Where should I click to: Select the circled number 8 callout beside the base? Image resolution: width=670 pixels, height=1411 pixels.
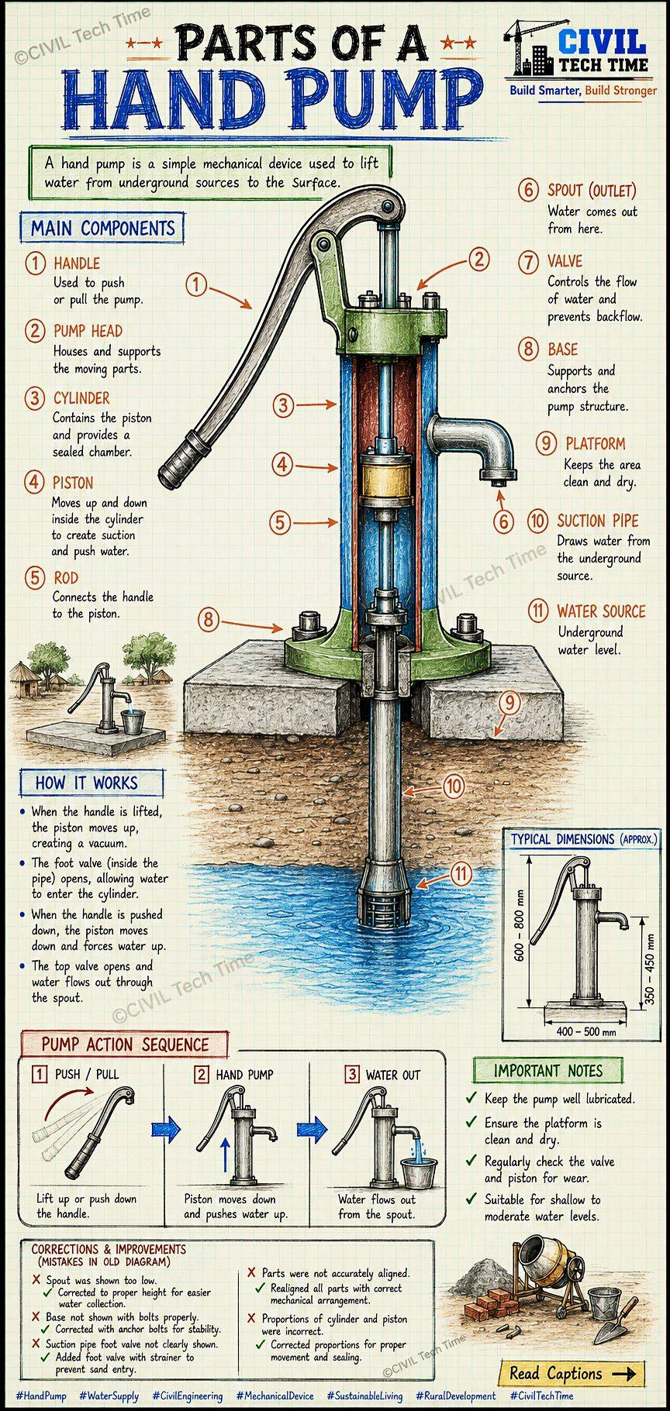tap(208, 619)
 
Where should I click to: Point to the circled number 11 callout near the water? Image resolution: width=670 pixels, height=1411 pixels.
tap(461, 874)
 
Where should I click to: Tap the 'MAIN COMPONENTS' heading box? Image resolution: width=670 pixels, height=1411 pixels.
tap(103, 229)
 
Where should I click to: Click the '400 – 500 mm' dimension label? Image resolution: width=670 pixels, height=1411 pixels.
tap(586, 1031)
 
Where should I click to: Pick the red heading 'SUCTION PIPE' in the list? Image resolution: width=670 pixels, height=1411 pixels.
tap(598, 521)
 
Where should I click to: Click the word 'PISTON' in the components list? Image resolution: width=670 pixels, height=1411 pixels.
tap(73, 482)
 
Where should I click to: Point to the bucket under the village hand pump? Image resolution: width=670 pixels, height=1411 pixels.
tap(133, 721)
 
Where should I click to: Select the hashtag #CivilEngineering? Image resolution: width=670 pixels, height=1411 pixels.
tap(187, 1396)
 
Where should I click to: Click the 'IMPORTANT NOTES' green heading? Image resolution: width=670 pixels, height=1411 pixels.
tap(548, 1071)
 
